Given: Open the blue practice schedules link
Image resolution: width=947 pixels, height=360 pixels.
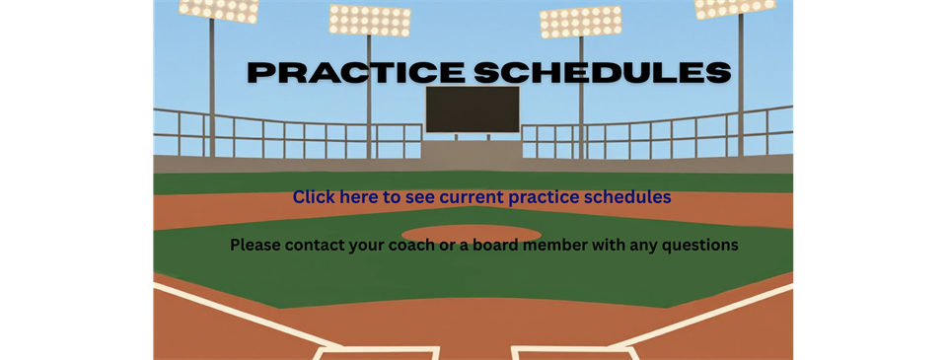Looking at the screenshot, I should click(x=481, y=197).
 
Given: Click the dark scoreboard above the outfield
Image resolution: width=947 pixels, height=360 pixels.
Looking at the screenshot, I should click(x=473, y=109).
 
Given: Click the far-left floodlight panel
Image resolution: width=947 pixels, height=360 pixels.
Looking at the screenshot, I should click(x=219, y=10).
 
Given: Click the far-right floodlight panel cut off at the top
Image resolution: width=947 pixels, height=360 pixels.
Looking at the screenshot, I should click(x=735, y=8).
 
